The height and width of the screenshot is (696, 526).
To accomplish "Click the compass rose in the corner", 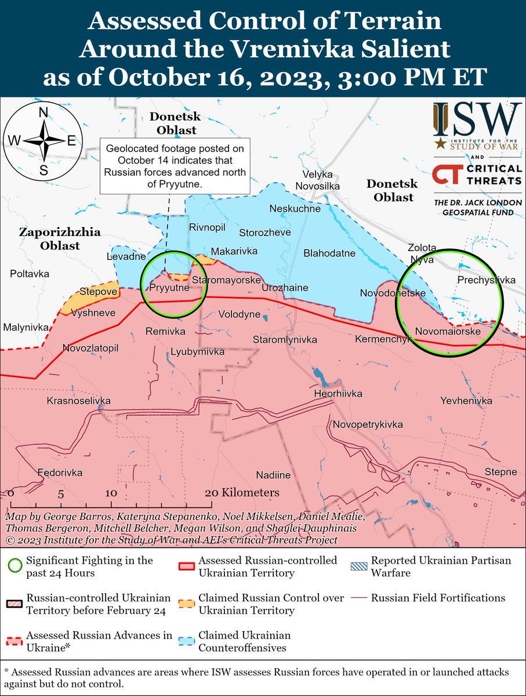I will tap(43, 141).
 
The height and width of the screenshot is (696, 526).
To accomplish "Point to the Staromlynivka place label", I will tap(284, 339).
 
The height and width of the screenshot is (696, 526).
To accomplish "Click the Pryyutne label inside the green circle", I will tap(169, 287).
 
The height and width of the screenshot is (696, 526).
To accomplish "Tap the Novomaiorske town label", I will tap(448, 332).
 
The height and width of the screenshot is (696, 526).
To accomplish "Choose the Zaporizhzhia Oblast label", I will tap(60, 239).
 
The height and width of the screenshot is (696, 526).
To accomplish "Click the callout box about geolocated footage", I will tap(175, 165).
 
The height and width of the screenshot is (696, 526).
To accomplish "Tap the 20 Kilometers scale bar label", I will tap(242, 492).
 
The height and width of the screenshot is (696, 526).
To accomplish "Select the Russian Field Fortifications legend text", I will tap(438, 598).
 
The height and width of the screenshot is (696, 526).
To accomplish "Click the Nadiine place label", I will tap(273, 475).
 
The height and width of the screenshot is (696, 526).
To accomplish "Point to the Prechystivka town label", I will tap(486, 280).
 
